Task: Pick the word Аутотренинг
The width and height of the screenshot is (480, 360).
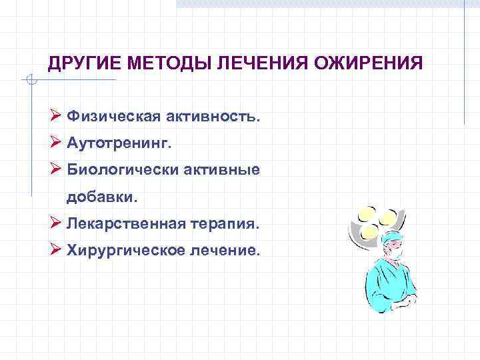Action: [x=114, y=143]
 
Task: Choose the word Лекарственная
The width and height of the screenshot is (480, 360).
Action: [x=125, y=224]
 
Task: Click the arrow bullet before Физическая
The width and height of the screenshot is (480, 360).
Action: [x=56, y=117]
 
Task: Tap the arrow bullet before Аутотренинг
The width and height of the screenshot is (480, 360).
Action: [x=56, y=143]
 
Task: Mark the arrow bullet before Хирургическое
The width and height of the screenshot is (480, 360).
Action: [x=56, y=251]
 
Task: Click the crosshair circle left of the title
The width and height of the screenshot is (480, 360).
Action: [x=31, y=81]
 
